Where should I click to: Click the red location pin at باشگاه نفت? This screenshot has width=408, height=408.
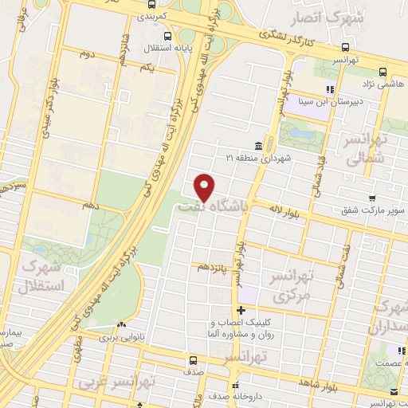click(205, 186)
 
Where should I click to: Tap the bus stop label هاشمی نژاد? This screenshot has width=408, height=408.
click(384, 84)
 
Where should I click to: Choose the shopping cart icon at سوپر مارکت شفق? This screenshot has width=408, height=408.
click(371, 198)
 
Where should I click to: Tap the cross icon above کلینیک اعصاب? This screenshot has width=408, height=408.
click(241, 310)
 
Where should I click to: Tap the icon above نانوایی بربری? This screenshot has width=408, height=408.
click(121, 325)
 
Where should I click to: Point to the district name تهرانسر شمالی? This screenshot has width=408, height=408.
click(366, 148)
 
